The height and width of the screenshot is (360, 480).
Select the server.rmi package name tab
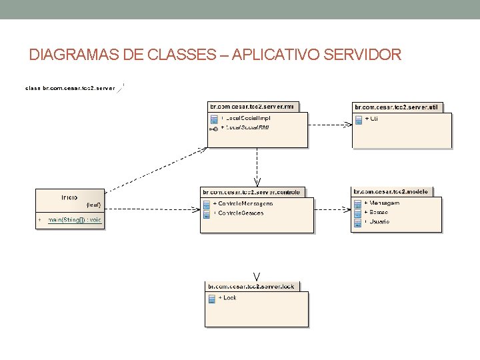pyautogui.click(x=254, y=106)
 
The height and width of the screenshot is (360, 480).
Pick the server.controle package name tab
pyautogui.click(x=253, y=192)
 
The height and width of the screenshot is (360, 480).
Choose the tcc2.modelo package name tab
pyautogui.click(x=391, y=191)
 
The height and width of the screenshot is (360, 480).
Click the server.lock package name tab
pyautogui.click(x=251, y=287)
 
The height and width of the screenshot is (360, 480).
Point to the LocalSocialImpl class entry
pyautogui.click(x=247, y=118)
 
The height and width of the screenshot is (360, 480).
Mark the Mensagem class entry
pyautogui.click(x=383, y=203)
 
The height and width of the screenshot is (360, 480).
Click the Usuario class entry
pyautogui.click(x=379, y=221)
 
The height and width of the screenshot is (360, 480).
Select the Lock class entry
pyautogui.click(x=229, y=298)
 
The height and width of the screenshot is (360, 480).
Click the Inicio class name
pyautogui.click(x=69, y=197)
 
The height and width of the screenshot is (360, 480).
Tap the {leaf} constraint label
pyautogui.click(x=93, y=205)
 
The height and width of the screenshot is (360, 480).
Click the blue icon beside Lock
pyautogui.click(x=212, y=299)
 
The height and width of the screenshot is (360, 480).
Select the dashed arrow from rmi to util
pyautogui.click(x=330, y=123)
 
